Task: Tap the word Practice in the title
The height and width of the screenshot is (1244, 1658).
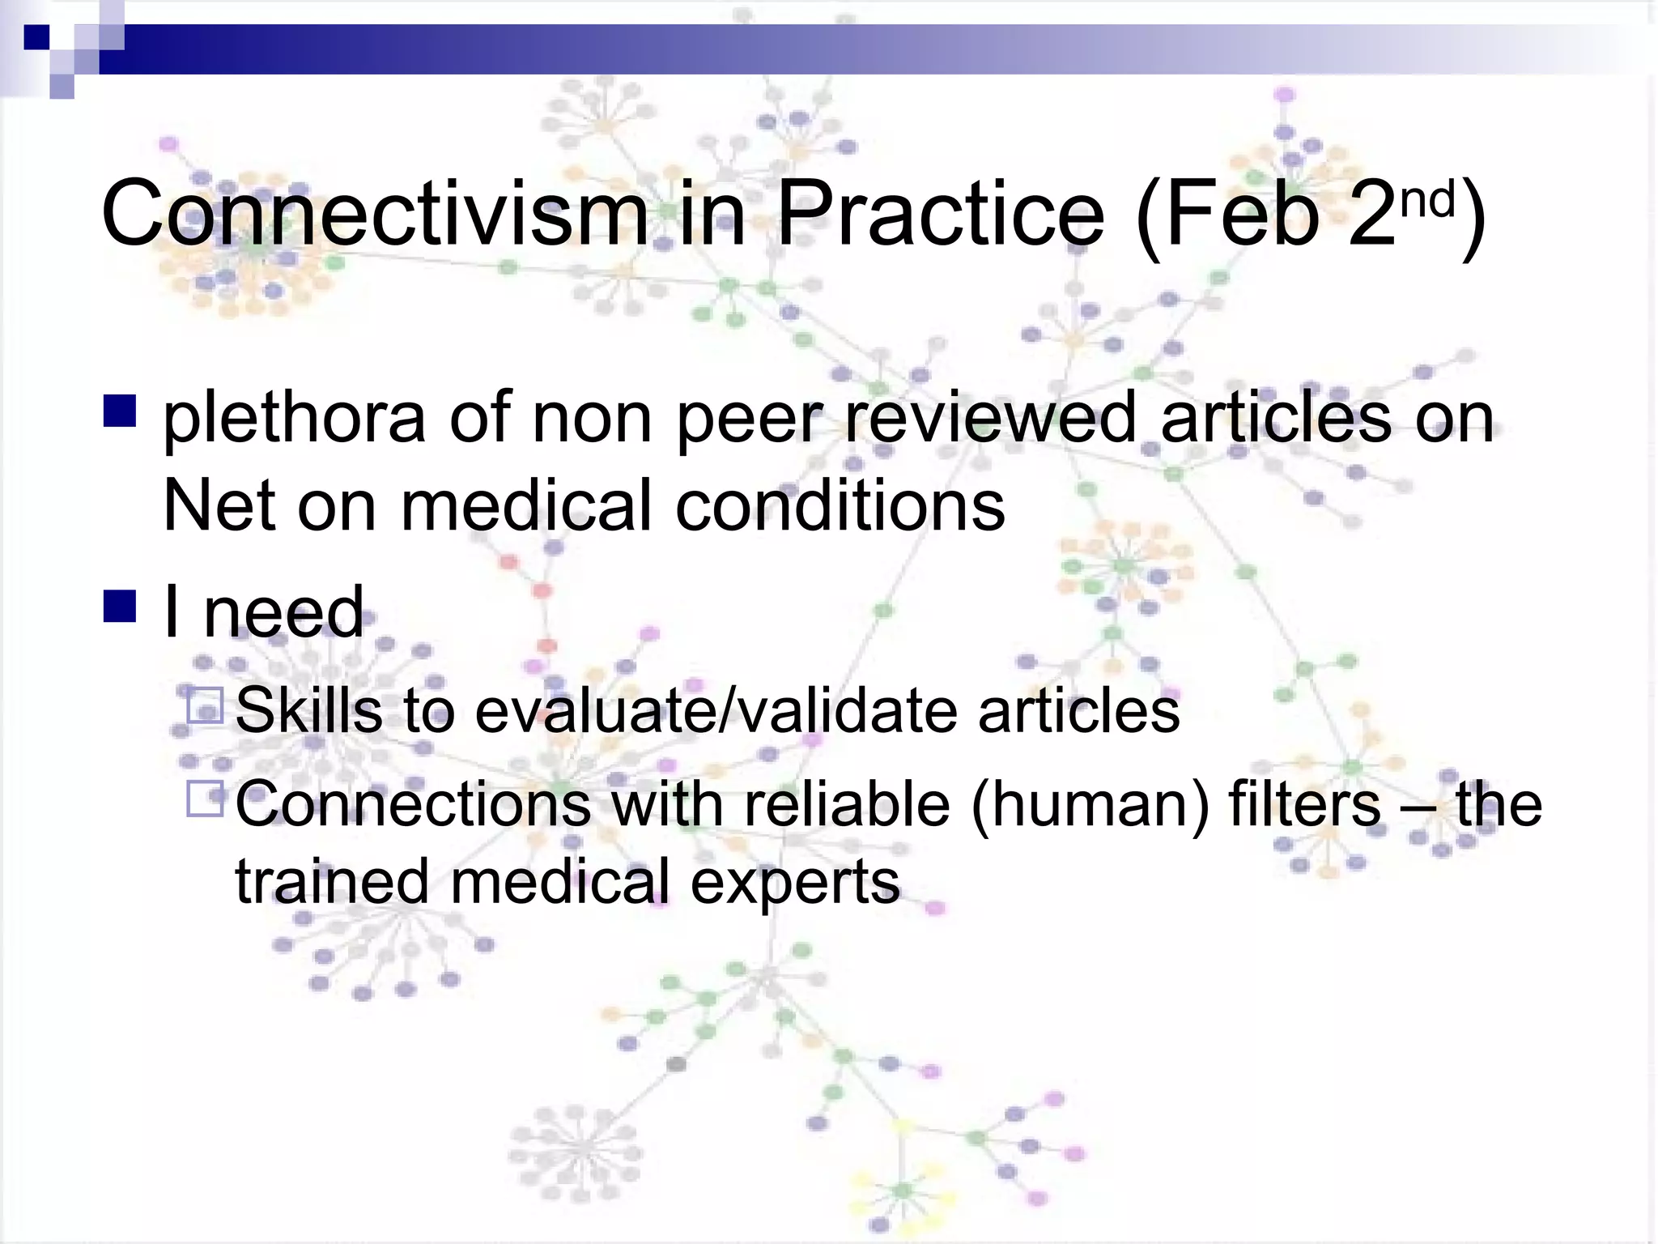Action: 940,215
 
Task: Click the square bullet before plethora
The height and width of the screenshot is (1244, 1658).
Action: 120,410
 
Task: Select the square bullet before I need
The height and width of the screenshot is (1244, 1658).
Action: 120,607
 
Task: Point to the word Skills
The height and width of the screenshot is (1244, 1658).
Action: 308,710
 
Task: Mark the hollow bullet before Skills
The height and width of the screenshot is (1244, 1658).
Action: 205,705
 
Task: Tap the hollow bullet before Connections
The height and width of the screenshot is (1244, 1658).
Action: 205,799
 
